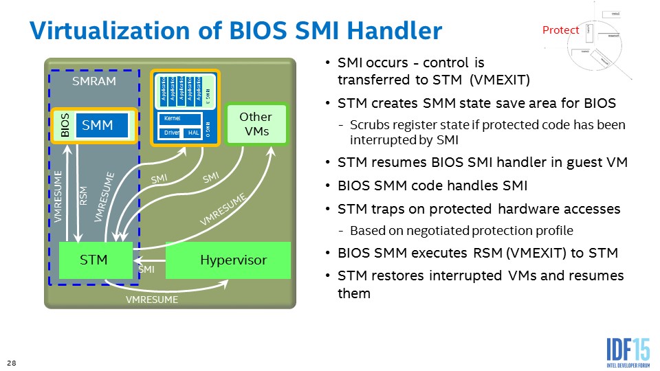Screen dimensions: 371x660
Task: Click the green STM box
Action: (94, 260)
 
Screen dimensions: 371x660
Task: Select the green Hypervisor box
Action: (232, 260)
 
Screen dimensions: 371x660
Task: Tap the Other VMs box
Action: (255, 124)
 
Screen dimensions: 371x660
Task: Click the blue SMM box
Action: (102, 126)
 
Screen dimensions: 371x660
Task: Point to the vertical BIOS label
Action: (65, 126)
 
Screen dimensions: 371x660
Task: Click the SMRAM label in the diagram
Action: (94, 81)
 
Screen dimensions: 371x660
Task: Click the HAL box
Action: (193, 132)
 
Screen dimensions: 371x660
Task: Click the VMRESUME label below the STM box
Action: (151, 300)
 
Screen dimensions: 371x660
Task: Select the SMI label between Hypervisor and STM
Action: (146, 270)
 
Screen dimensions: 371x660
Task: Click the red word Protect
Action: (561, 30)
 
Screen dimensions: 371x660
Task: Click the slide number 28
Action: (11, 362)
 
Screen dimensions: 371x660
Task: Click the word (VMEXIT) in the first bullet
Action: (500, 79)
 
